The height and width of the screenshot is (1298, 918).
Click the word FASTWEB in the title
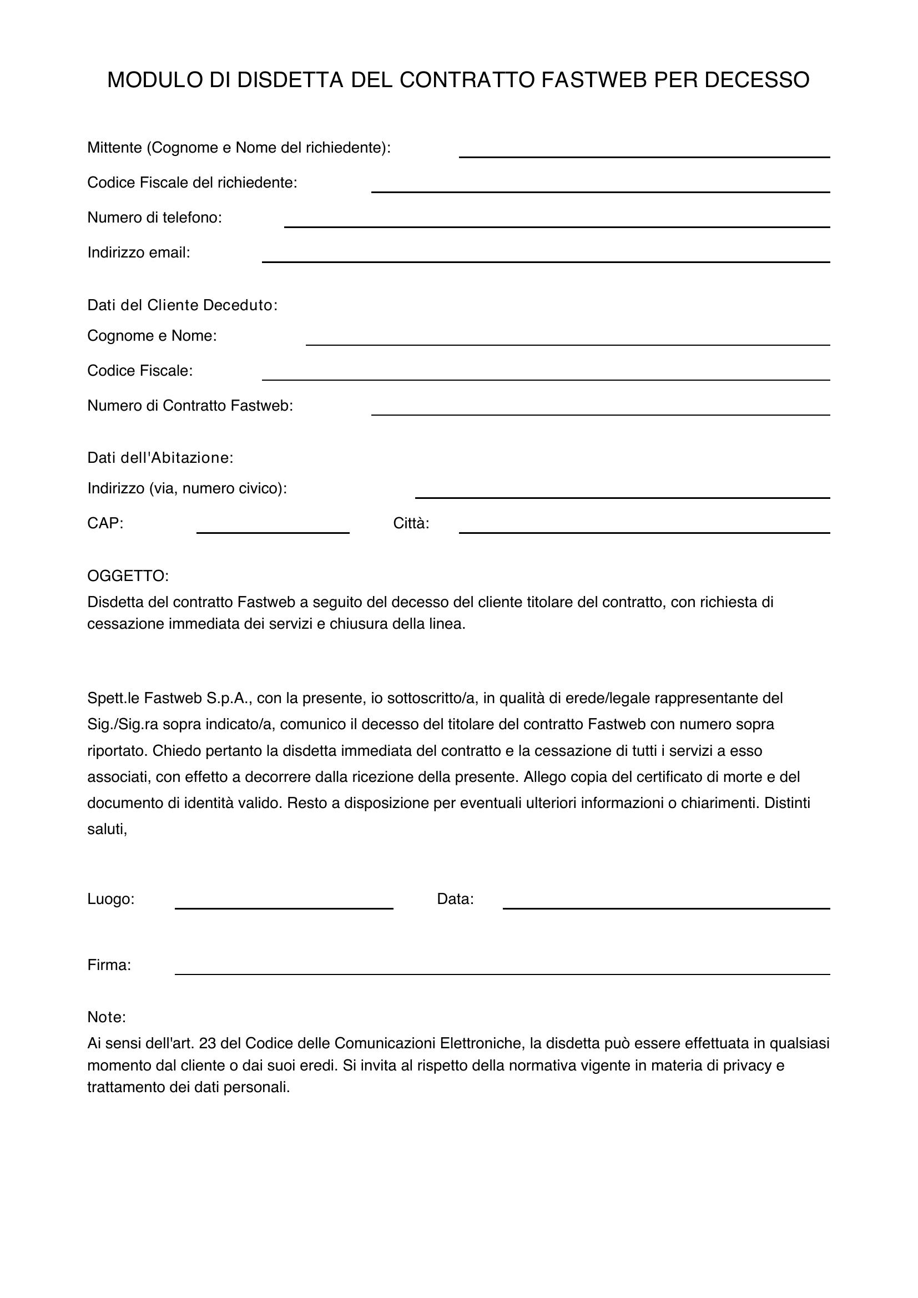(x=593, y=80)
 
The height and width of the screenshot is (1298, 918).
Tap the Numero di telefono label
(x=154, y=218)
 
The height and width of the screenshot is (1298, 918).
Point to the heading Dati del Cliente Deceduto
(x=182, y=305)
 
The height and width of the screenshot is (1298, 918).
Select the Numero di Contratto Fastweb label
(x=190, y=406)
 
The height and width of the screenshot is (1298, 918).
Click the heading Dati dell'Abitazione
(x=160, y=458)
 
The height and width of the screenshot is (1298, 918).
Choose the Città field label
(x=411, y=523)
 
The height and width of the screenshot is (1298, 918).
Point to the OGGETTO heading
(x=128, y=576)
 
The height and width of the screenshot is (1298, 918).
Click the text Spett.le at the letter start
(x=113, y=698)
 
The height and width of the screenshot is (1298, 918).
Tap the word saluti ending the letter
(x=107, y=829)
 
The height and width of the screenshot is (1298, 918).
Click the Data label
(x=455, y=900)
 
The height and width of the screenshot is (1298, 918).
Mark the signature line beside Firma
(x=502, y=969)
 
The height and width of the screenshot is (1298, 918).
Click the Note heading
(x=106, y=1018)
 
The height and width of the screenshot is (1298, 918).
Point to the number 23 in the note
(x=208, y=1043)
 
